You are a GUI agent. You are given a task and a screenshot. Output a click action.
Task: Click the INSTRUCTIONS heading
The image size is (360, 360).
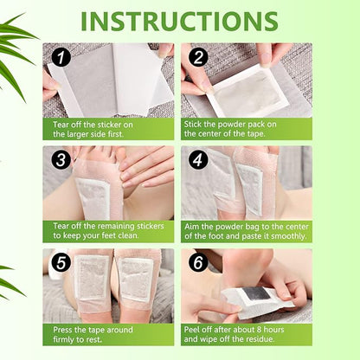click(180, 20)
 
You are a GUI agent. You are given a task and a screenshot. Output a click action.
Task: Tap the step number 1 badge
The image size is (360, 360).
click(61, 59)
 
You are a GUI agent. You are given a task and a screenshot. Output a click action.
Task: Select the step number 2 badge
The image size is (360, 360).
click(198, 59)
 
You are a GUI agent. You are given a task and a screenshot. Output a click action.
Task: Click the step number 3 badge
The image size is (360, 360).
click(61, 161)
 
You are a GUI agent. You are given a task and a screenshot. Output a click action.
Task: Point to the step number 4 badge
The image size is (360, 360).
click(198, 161)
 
